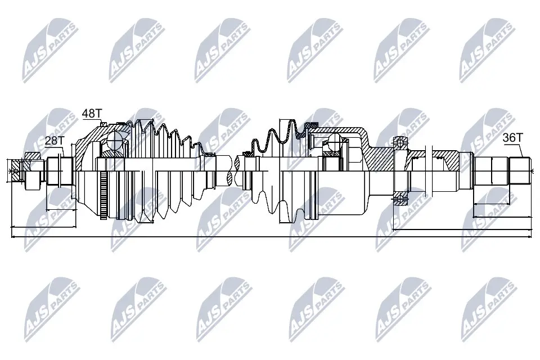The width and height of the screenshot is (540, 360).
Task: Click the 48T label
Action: coord(90,114)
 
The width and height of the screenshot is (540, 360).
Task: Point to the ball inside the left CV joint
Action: coord(117,139)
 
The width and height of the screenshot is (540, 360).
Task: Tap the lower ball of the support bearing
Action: coord(400,196)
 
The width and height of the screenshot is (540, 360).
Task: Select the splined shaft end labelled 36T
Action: coord(519,171)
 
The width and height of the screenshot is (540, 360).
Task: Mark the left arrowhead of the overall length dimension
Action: coord(13,237)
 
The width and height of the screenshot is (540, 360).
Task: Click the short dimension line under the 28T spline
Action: coord(60,209)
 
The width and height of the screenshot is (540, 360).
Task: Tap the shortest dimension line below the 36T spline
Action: coord(494,203)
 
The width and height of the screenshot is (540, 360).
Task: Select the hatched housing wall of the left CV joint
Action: coord(84,147)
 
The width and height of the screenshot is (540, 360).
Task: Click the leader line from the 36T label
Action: coord(521,150)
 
